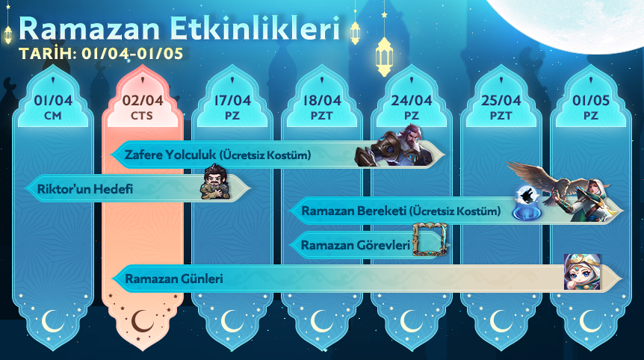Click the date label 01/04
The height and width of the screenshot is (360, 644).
tap(53, 101)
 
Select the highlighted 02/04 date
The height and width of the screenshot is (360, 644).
tap(143, 101)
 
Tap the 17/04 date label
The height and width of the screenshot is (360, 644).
tap(232, 101)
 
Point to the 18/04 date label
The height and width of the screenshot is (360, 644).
tap(321, 101)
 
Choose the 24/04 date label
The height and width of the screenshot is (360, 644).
tap(411, 101)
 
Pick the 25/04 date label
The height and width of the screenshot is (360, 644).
tap(501, 101)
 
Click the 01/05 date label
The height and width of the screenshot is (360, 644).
tap(591, 101)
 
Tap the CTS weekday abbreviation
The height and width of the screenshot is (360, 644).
tap(142, 117)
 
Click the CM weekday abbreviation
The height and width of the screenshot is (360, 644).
tap(52, 117)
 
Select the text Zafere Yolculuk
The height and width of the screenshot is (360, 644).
tap(170, 155)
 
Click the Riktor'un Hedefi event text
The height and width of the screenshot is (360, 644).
tap(85, 189)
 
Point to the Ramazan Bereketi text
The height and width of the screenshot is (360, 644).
tap(353, 211)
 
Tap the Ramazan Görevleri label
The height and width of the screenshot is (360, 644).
tap(356, 245)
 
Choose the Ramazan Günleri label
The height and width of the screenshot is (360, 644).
tap(174, 279)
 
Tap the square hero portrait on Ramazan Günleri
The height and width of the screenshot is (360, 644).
tap(582, 272)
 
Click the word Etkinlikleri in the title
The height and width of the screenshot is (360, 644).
tap(254, 28)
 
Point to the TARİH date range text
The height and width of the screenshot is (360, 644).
tap(101, 54)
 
